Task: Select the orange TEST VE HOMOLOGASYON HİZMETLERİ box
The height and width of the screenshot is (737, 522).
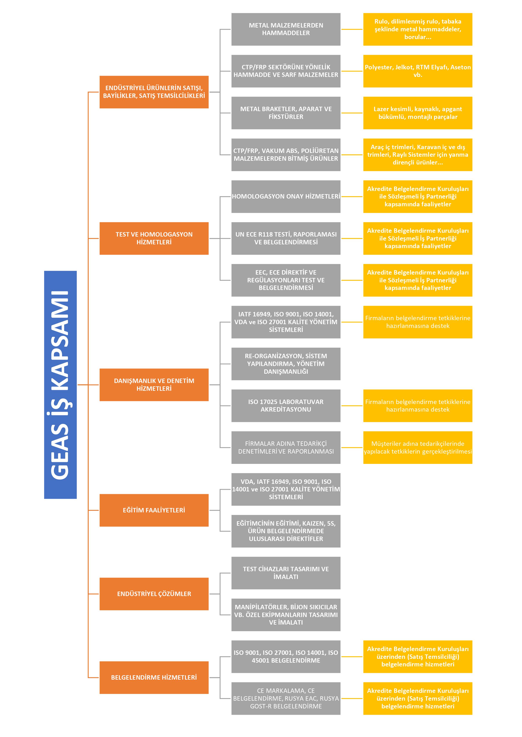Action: click(x=154, y=238)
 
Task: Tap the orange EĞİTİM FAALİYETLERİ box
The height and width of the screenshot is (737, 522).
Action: click(x=154, y=510)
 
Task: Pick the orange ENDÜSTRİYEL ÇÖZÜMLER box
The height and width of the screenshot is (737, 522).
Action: click(x=154, y=594)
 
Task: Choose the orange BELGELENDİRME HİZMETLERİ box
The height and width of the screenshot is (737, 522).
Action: click(x=154, y=677)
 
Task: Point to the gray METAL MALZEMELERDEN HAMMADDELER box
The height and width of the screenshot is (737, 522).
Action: click(x=286, y=29)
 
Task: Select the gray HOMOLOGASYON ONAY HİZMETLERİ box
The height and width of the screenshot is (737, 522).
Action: click(x=286, y=196)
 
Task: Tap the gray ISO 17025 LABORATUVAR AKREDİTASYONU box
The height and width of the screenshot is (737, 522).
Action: click(x=286, y=405)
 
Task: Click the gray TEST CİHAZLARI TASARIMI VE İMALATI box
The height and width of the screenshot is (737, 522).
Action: click(x=286, y=573)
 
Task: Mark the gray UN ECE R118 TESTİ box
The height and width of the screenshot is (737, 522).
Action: click(x=286, y=238)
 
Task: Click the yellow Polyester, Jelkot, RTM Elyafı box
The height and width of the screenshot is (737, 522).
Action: click(x=417, y=71)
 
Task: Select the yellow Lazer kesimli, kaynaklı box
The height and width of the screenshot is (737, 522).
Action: click(x=417, y=113)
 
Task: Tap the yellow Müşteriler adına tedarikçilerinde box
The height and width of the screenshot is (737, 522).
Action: click(x=417, y=447)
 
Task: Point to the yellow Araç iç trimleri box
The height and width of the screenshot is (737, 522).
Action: click(x=417, y=155)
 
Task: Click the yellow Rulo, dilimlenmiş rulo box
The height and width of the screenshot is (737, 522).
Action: click(x=417, y=29)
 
